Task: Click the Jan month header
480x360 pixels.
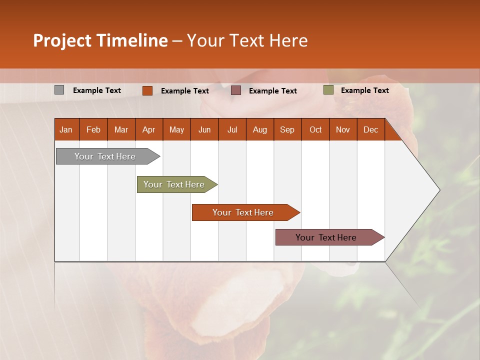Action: pyautogui.click(x=66, y=129)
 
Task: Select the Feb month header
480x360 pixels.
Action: pyautogui.click(x=93, y=129)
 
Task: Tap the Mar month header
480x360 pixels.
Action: pyautogui.click(x=121, y=129)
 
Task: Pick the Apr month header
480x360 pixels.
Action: pyautogui.click(x=148, y=129)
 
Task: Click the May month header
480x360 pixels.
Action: pyautogui.click(x=176, y=129)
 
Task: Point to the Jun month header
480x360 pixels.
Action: pyautogui.click(x=204, y=129)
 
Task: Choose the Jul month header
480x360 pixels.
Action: pyautogui.click(x=232, y=129)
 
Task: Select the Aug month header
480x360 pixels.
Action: pyautogui.click(x=259, y=129)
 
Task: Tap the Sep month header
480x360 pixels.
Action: pyautogui.click(x=287, y=129)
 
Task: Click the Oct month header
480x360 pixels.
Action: pyautogui.click(x=315, y=129)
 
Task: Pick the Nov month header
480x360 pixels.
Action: pyautogui.click(x=343, y=129)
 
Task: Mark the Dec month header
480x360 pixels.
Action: pyautogui.click(x=370, y=129)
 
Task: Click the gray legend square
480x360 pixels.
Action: pyautogui.click(x=59, y=90)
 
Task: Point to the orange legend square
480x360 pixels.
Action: pyautogui.click(x=147, y=90)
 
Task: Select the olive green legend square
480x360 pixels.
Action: pyautogui.click(x=328, y=90)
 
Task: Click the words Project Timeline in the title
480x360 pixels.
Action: pyautogui.click(x=100, y=40)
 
